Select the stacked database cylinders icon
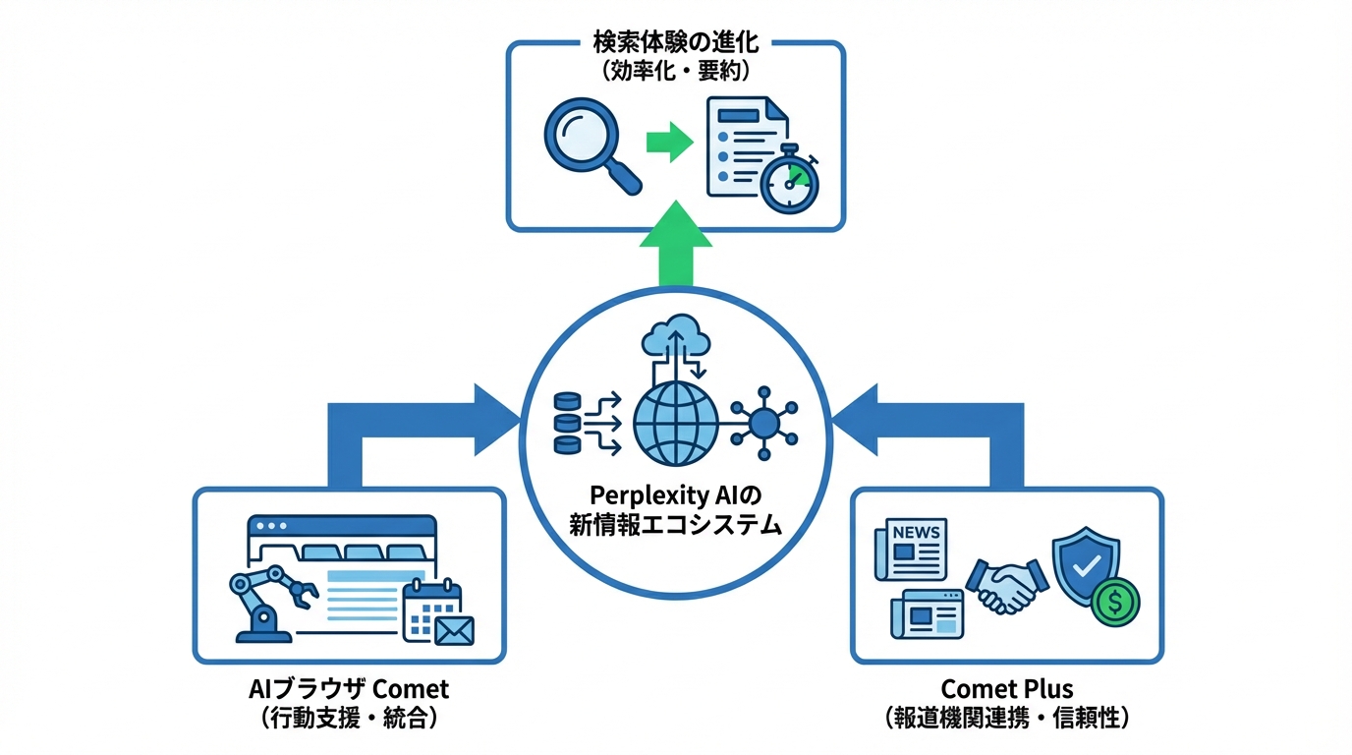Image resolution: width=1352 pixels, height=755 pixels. (x=567, y=424)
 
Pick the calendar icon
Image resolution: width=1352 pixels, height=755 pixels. (x=431, y=603)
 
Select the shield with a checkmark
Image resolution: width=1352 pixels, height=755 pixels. (x=1085, y=563)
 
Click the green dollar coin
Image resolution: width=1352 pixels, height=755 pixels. (x=1115, y=600)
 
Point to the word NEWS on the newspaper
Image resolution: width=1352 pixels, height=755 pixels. (x=916, y=533)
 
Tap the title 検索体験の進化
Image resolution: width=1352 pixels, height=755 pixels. (x=675, y=44)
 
